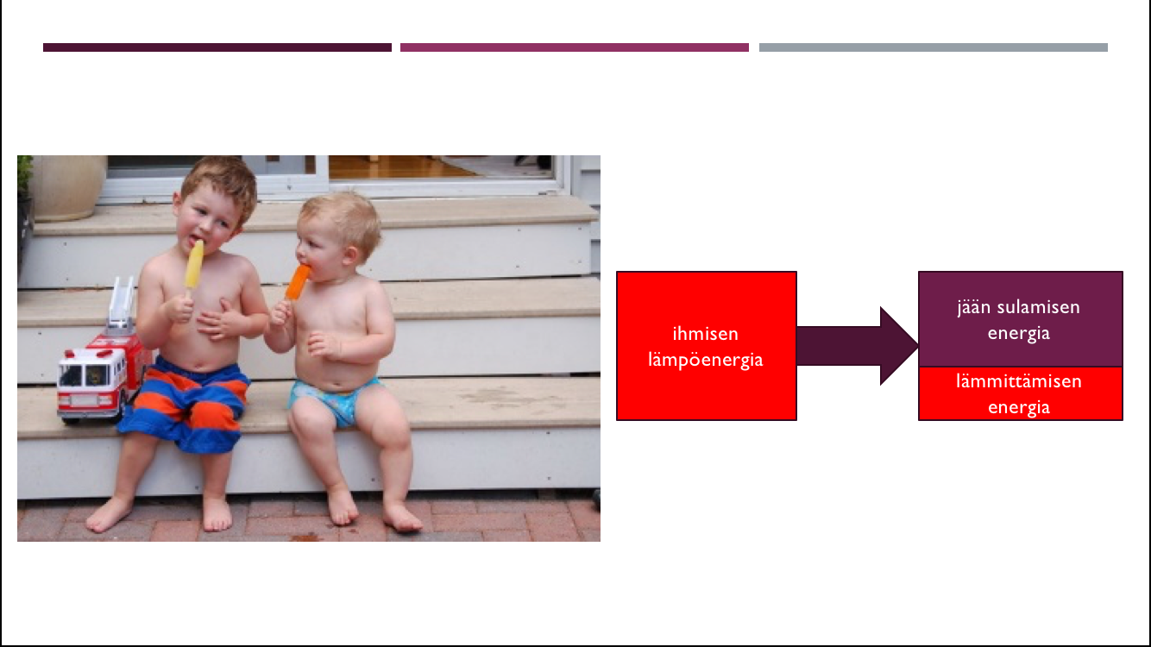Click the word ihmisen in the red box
[705, 334]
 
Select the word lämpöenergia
[705, 360]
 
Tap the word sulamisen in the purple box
[1038, 307]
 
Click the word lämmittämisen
[1018, 381]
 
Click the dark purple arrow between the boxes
[857, 346]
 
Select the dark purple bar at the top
[217, 47]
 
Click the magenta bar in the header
[575, 47]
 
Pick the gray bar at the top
[933, 47]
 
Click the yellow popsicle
[194, 266]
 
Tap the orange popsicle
[298, 281]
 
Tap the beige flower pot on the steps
[69, 187]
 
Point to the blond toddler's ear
[351, 254]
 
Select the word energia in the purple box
[1018, 334]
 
